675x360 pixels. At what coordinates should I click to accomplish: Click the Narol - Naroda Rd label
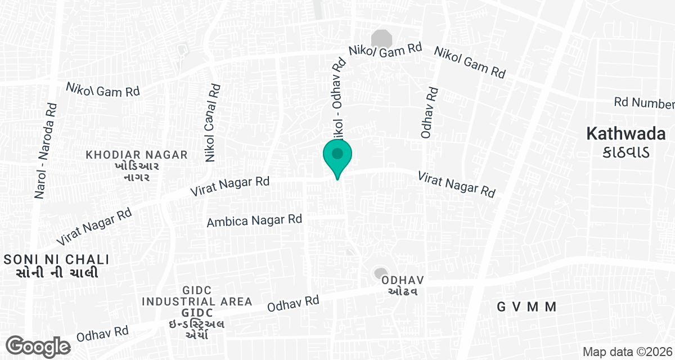point(46,150)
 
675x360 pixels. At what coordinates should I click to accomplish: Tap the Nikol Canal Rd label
point(213,123)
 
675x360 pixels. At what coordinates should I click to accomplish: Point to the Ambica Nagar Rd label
point(254,220)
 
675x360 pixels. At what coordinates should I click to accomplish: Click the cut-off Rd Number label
point(644,103)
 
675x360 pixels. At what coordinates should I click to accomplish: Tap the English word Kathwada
point(626,134)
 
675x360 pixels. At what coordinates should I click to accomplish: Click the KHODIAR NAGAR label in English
point(136,155)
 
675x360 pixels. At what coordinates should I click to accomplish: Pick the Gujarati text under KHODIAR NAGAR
point(136,172)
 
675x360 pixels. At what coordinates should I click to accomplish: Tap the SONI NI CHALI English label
point(56,259)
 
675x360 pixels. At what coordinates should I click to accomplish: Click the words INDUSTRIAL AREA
point(197,301)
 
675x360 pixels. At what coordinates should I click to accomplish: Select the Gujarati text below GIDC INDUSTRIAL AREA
point(197,329)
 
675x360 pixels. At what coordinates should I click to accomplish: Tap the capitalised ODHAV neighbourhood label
point(402,280)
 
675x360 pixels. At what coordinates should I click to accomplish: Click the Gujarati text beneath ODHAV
point(402,291)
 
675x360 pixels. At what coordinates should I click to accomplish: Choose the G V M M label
point(527,307)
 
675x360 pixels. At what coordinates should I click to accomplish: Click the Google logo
point(38,346)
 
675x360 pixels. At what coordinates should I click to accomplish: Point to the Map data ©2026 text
point(627,352)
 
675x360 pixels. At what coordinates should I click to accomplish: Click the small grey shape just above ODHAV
point(381,273)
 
